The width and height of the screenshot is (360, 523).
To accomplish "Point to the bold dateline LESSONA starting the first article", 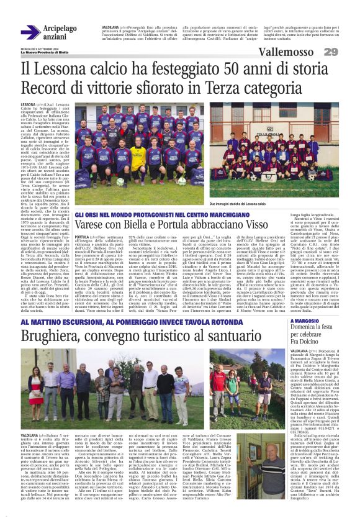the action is pos(28,105).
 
